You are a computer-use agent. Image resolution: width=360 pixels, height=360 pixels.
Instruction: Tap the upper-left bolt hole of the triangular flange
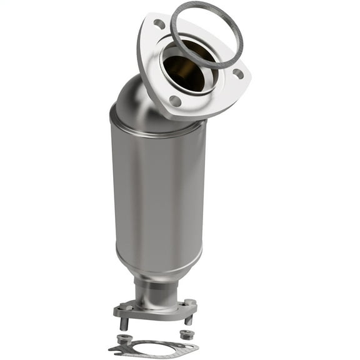pyautogui.click(x=159, y=24)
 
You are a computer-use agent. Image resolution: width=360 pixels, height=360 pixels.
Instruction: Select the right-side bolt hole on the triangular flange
pyautogui.click(x=237, y=73)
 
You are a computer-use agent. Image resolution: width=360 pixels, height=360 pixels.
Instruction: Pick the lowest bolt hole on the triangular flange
pyautogui.click(x=176, y=101)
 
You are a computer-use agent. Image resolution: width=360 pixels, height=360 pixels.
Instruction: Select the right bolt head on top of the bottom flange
pyautogui.click(x=188, y=302)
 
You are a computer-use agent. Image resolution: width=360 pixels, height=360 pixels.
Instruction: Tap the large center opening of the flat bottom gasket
pyautogui.click(x=152, y=347)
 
